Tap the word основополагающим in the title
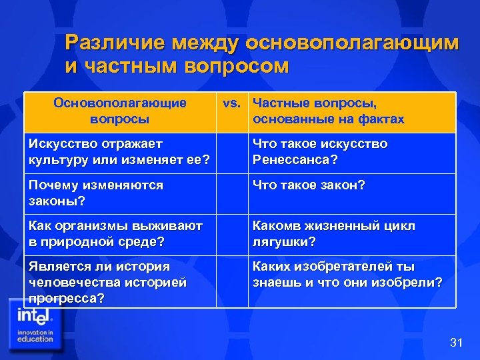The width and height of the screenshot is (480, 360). (353, 43)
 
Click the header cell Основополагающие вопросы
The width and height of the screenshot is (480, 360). (120, 111)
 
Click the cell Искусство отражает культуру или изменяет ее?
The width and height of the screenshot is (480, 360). (120, 152)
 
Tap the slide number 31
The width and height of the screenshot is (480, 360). (456, 343)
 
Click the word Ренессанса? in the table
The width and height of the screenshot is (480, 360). (295, 160)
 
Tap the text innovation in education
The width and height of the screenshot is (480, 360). (35, 335)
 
